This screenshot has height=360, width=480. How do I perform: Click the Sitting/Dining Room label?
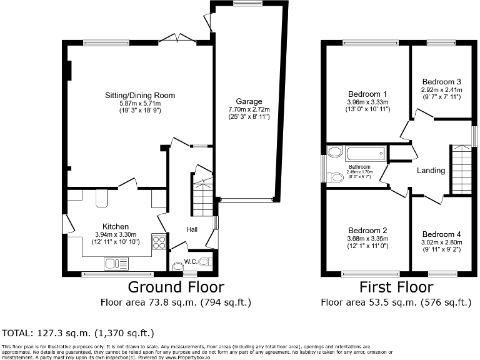[140, 96]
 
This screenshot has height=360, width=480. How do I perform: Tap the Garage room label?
[249, 101]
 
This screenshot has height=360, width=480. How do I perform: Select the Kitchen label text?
[116, 226]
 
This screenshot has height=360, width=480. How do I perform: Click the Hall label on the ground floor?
[192, 230]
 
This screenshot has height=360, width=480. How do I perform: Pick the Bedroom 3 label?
[441, 82]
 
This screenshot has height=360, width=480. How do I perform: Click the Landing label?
[431, 171]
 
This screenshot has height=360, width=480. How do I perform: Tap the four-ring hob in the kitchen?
[159, 241]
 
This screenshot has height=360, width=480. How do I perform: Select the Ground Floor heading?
[176, 287]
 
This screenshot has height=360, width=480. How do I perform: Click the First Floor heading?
[396, 287]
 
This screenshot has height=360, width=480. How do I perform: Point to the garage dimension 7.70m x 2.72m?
[249, 109]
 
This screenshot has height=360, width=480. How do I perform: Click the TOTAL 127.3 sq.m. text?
[78, 332]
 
